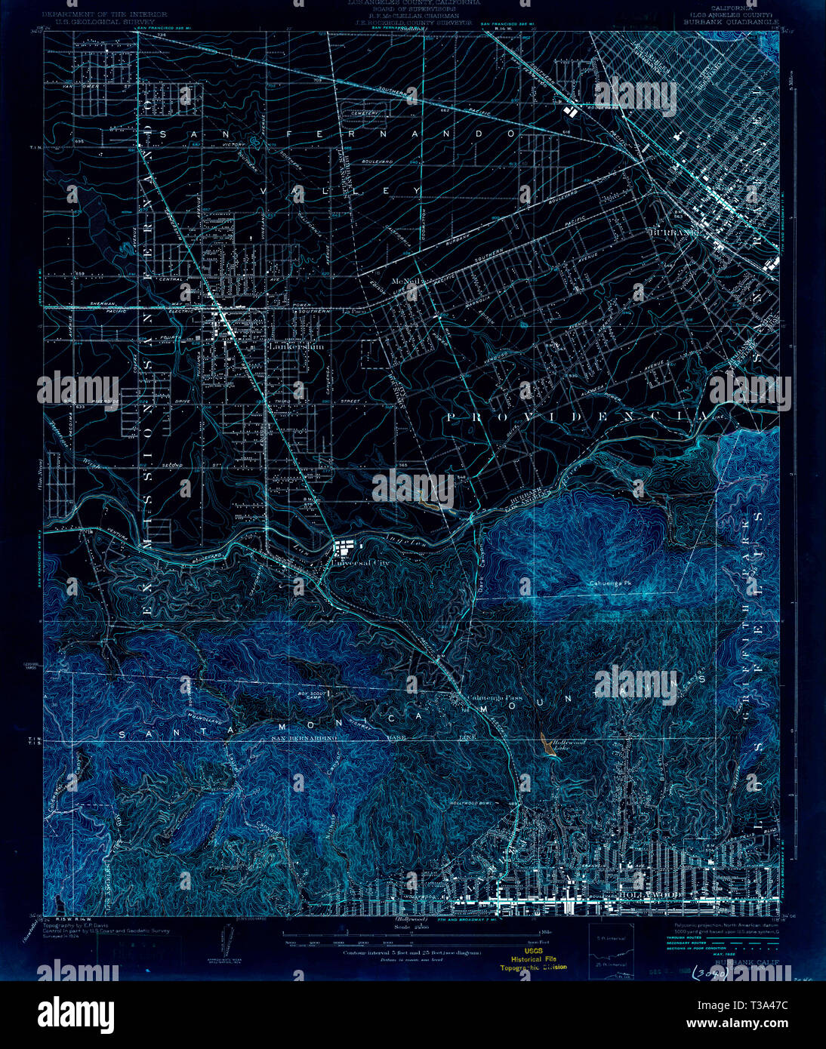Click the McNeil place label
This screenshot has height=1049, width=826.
[x=405, y=280]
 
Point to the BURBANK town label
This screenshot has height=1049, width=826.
[x=674, y=232]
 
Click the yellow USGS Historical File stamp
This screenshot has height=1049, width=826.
[x=533, y=959]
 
